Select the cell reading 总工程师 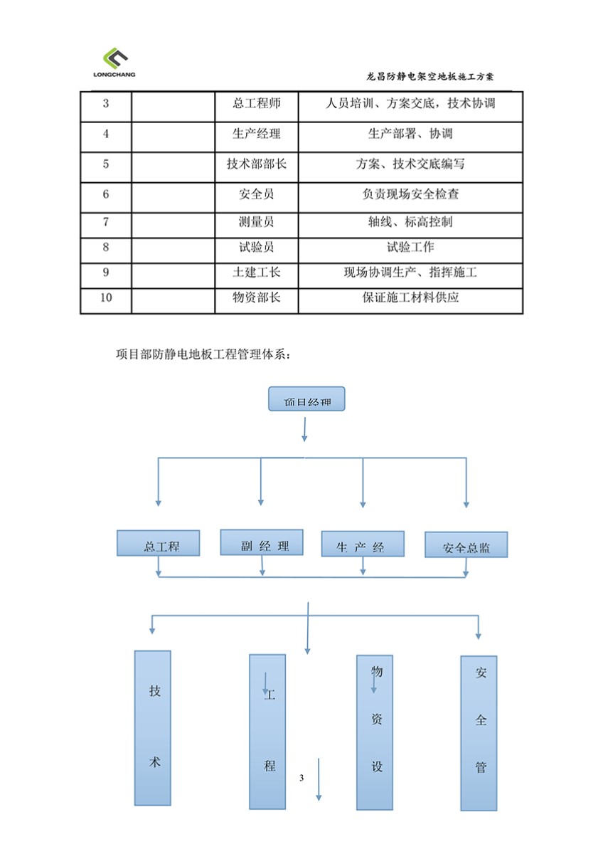(256, 104)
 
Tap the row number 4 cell (106, 134)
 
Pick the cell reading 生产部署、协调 (410, 134)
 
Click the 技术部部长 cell (256, 164)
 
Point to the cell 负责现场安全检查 (410, 194)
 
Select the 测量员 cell (256, 222)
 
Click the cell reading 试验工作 (410, 248)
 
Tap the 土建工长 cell (256, 273)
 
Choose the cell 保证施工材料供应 (410, 297)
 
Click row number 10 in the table (106, 297)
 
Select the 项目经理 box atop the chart (306, 399)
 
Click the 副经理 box (262, 542)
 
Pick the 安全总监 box (466, 545)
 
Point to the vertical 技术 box (153, 727)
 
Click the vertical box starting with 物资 (375, 732)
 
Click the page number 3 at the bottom (301, 778)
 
